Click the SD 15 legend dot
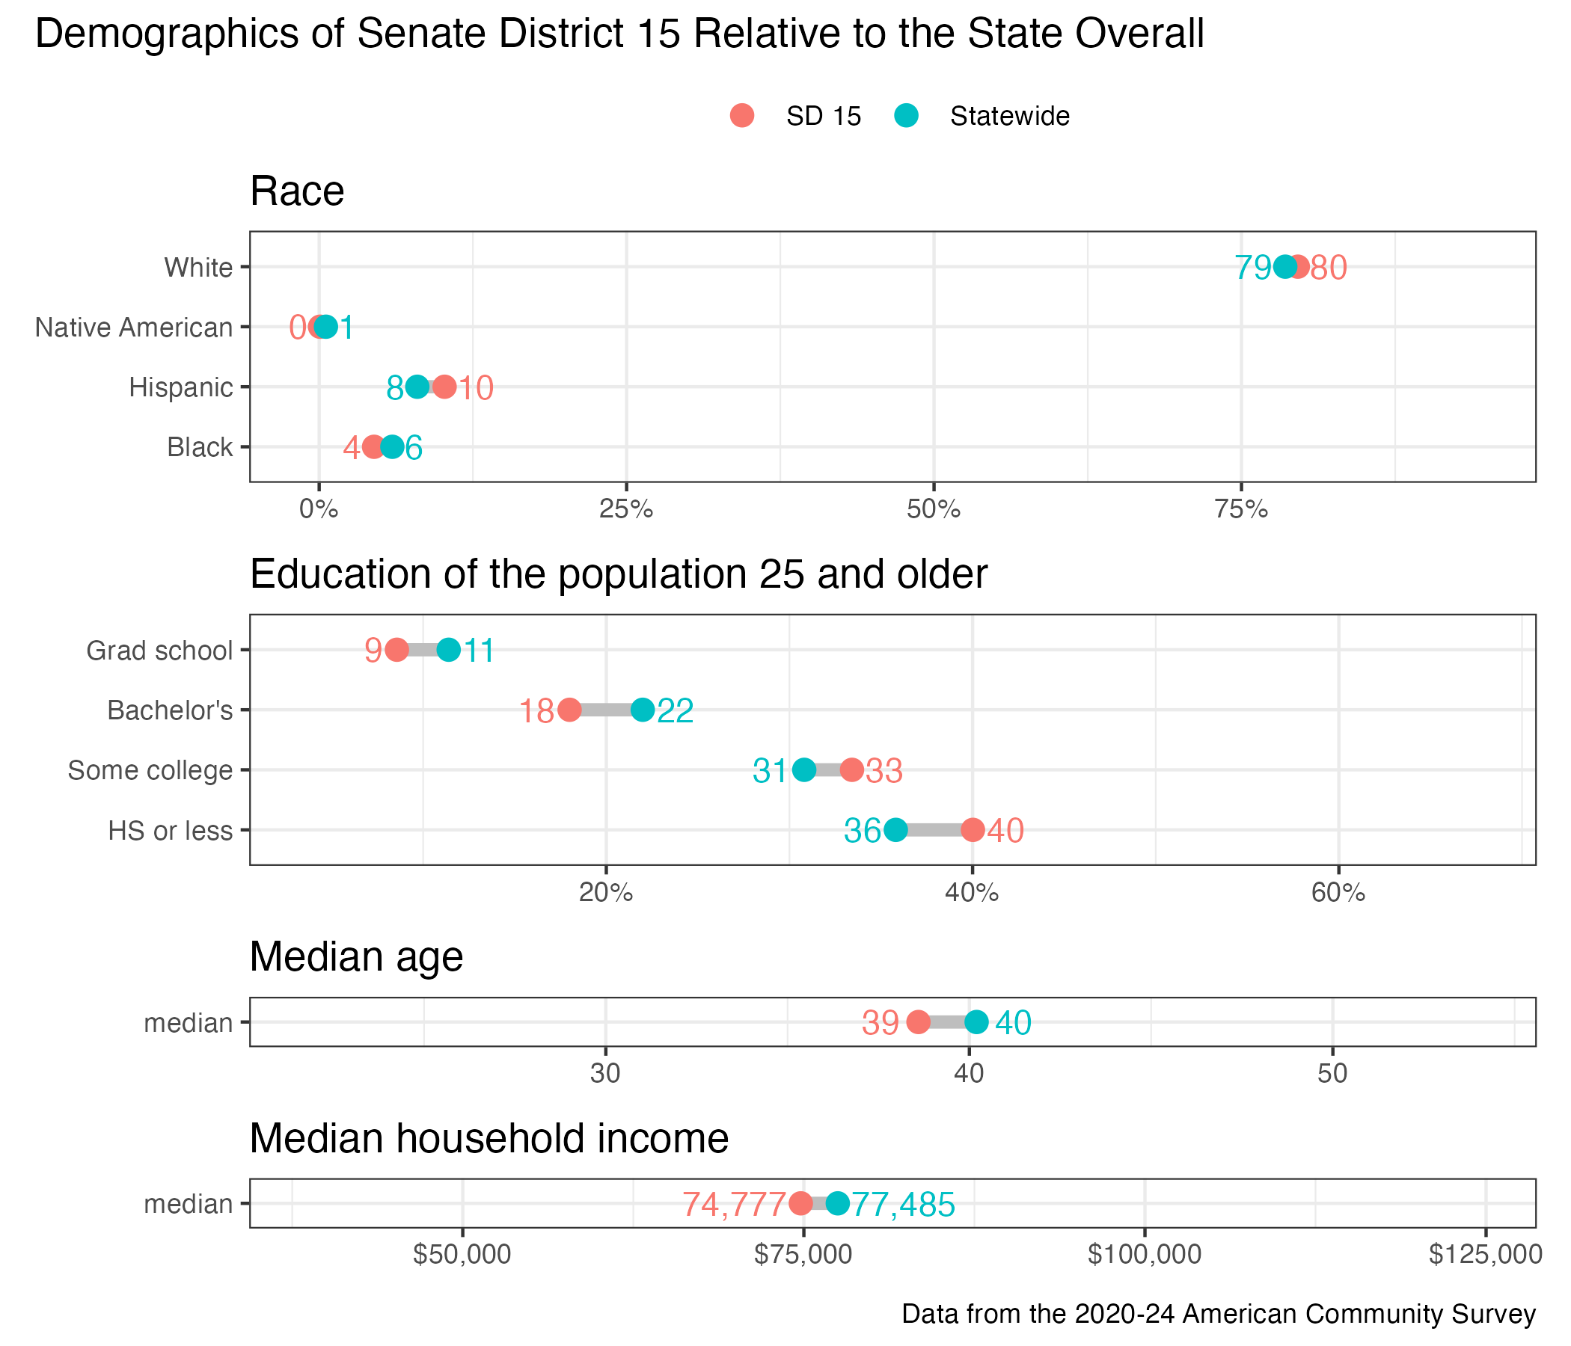click(x=741, y=116)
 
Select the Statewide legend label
click(x=1009, y=116)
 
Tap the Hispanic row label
click(x=180, y=387)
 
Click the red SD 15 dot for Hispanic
click(x=444, y=387)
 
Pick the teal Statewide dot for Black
click(x=392, y=447)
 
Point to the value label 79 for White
click(x=1252, y=268)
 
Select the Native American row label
click(x=133, y=328)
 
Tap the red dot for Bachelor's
click(x=569, y=710)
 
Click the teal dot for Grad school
click(x=449, y=651)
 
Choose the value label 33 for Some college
click(x=884, y=771)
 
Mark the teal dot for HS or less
click(x=896, y=830)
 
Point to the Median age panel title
click(x=356, y=956)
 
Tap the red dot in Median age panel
click(x=918, y=1021)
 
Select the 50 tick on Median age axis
click(x=1332, y=1075)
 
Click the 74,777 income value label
click(x=734, y=1204)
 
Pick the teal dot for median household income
click(x=837, y=1202)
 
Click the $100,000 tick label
click(x=1144, y=1255)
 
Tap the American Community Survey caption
click(x=1219, y=1313)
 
